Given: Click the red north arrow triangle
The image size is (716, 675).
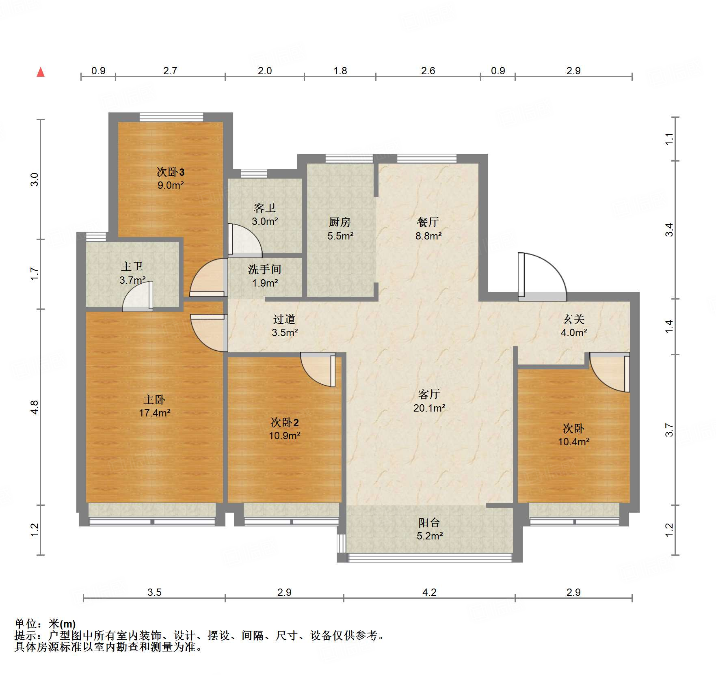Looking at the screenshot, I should tap(41, 72).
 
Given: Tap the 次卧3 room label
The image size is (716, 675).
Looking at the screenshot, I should tap(171, 172).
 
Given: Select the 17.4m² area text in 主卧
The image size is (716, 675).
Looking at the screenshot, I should tap(154, 413).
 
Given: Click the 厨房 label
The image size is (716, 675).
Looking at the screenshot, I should tap(340, 222).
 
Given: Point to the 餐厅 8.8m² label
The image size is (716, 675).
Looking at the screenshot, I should tap(428, 229).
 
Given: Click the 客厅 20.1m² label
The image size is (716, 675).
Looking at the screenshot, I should tap(429, 401).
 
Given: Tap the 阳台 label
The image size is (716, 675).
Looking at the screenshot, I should tap(429, 522).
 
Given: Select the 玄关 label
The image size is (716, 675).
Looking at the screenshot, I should tap(573, 319).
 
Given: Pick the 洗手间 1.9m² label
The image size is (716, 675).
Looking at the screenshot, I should tap(264, 276).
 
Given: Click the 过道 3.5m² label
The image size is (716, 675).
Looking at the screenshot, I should tap(284, 326).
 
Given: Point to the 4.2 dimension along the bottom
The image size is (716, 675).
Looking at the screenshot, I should tap(429, 592).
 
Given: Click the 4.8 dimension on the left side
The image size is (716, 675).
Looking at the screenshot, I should tap(35, 407).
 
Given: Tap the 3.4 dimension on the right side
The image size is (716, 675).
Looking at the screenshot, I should tap(669, 230).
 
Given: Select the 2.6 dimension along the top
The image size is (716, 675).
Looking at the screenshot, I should tap(428, 71).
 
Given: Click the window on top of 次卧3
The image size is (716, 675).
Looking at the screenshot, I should tap(171, 117).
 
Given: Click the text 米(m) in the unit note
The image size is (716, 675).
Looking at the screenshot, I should tap(62, 623).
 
